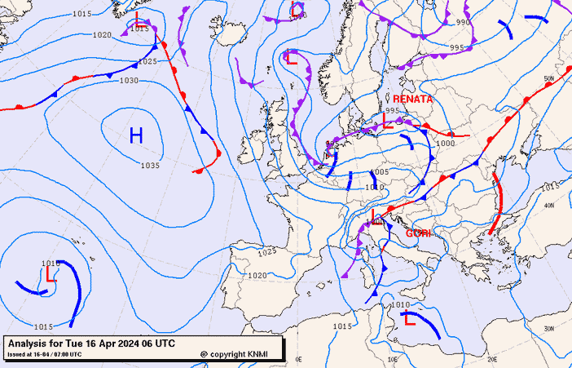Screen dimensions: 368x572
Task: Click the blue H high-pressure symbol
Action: click(136, 135)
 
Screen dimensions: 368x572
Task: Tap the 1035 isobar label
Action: click(150, 166)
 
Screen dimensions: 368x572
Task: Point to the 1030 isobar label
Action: click(129, 81)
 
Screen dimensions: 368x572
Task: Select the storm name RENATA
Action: click(412, 99)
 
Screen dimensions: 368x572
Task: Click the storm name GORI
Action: click(418, 233)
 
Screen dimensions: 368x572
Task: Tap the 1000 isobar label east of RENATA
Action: click(445, 144)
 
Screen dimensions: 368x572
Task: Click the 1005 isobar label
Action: click(379, 172)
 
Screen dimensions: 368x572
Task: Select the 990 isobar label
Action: click(463, 23)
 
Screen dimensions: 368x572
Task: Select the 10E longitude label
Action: click(394, 358)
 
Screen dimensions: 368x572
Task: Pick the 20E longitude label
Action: click(492, 358)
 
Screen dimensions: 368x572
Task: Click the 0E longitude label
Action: click(298, 358)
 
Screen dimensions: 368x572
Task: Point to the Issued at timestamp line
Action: click(44, 354)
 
